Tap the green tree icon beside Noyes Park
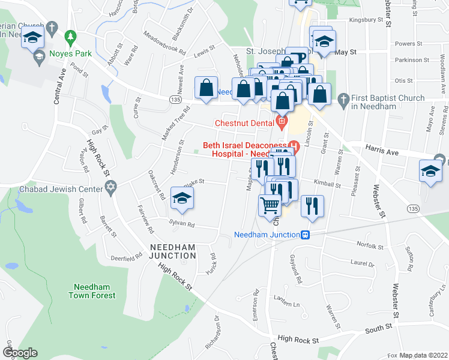click(70, 37)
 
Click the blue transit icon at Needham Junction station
click(306, 235)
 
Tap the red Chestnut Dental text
click(245, 124)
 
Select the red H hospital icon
click(294, 145)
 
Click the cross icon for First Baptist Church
click(343, 98)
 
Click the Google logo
click(19, 353)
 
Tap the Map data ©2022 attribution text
click(424, 355)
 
